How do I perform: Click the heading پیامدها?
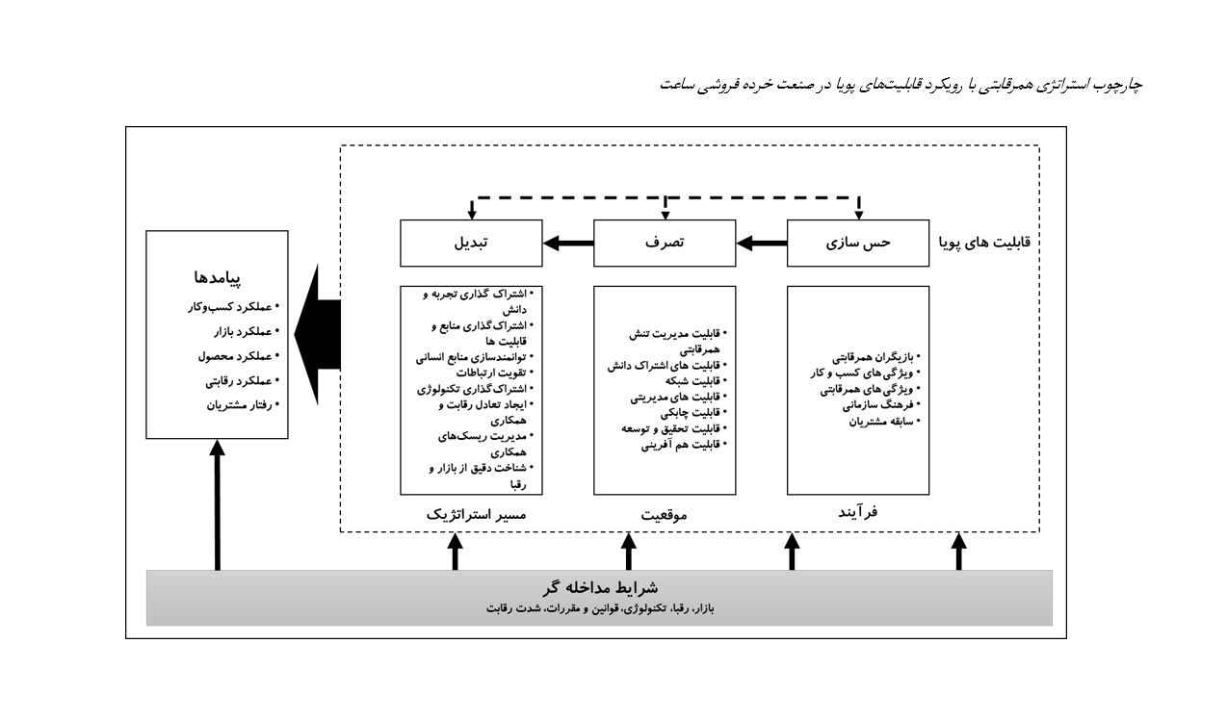217,277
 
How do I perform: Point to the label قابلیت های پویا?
985,243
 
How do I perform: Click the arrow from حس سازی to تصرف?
762,244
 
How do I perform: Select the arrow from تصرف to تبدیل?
568,244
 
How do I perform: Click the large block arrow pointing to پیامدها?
317,334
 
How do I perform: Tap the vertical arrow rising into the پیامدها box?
218,504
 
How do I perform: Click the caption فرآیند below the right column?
858,512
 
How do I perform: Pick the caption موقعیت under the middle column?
664,515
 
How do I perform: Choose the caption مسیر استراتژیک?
476,515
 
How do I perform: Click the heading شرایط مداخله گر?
600,588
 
